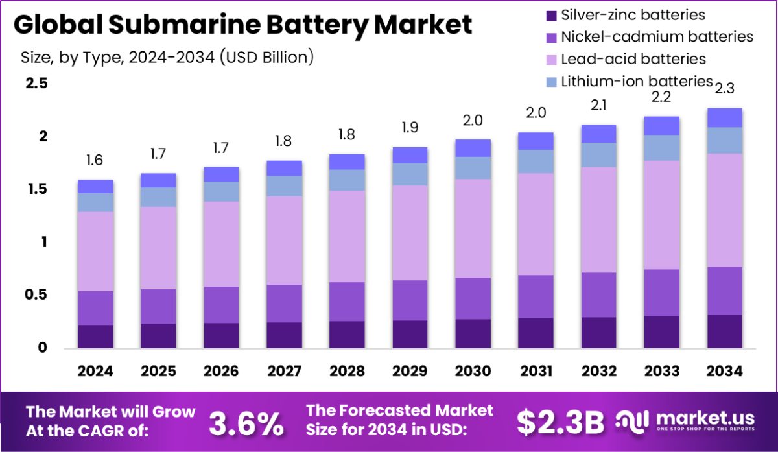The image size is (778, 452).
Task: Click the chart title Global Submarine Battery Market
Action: tap(242, 25)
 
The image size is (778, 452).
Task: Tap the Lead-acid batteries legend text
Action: tap(633, 59)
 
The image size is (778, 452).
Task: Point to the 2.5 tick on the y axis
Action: tap(36, 84)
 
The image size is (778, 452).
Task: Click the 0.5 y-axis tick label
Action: tap(36, 295)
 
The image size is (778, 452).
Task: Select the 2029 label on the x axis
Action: tap(410, 371)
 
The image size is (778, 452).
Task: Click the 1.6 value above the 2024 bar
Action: tap(95, 160)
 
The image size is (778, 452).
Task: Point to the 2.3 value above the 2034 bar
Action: tap(725, 88)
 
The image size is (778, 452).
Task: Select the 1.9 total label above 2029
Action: tap(410, 127)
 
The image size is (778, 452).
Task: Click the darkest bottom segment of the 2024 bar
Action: tap(95, 336)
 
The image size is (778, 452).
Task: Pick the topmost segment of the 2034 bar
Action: tap(725, 117)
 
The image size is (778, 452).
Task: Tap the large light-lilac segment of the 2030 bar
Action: tap(473, 228)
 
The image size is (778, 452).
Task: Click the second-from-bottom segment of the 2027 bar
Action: tap(284, 303)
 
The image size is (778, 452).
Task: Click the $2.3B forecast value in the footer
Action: tap(560, 423)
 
